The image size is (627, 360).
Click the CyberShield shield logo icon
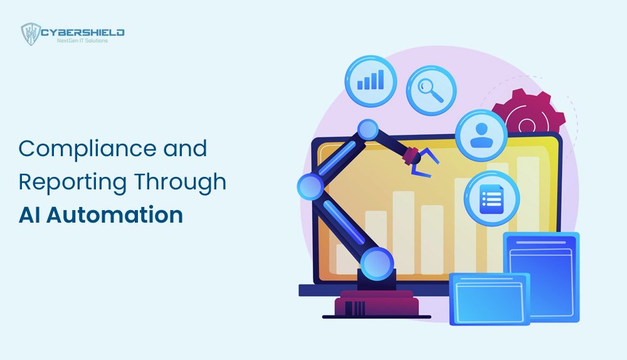tap(31, 34)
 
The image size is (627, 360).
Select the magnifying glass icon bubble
tap(431, 90)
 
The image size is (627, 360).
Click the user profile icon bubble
tap(481, 135)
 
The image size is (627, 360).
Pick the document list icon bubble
tap(492, 198)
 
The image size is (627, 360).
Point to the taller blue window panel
tap(540, 276)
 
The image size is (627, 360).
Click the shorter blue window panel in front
tap(489, 299)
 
